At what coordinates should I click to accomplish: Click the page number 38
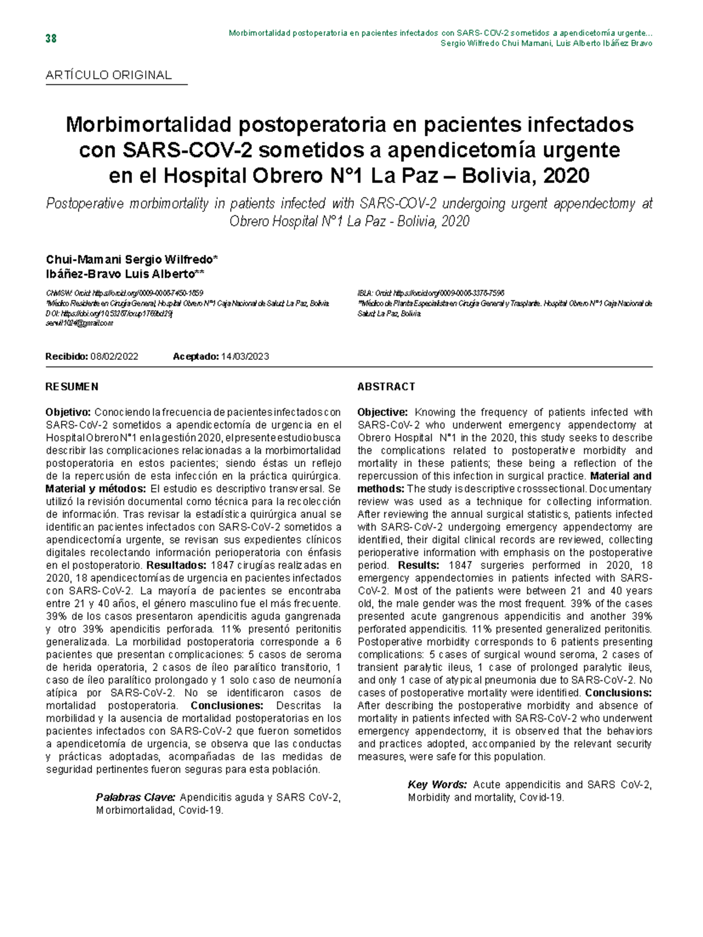51,39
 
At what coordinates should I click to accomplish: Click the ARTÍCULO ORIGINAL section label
109,75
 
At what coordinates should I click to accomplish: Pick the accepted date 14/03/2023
245,356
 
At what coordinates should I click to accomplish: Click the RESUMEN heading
72,387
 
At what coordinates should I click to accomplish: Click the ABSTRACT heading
386,387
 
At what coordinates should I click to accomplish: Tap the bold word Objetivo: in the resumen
68,412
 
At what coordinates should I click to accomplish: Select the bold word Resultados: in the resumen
176,565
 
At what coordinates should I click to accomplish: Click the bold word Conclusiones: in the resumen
227,706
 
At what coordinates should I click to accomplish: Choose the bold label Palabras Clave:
135,798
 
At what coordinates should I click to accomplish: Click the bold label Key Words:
437,785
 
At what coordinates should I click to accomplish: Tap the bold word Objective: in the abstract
382,412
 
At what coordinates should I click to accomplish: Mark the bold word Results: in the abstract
418,565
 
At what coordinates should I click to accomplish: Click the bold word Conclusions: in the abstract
619,693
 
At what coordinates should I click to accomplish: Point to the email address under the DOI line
79,323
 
